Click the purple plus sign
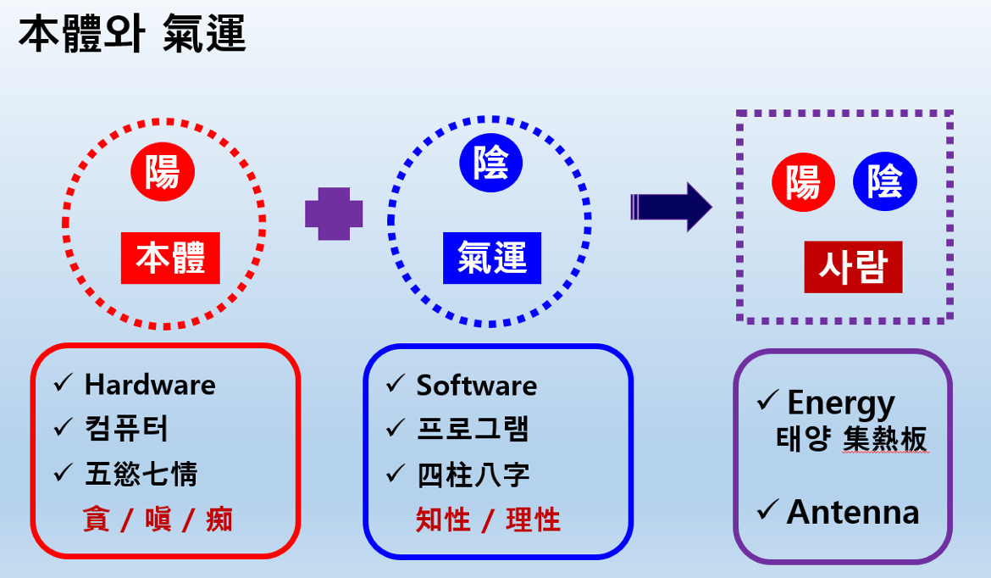pyautogui.click(x=334, y=214)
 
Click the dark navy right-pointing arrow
pyautogui.click(x=671, y=207)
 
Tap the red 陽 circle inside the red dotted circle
pyautogui.click(x=163, y=171)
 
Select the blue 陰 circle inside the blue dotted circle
pyautogui.click(x=491, y=163)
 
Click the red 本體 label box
pyautogui.click(x=170, y=258)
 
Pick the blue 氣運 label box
pyautogui.click(x=492, y=258)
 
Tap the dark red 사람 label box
pyautogui.click(x=853, y=267)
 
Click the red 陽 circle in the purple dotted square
pyautogui.click(x=803, y=182)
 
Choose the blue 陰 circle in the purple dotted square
pyautogui.click(x=885, y=181)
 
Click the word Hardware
pyautogui.click(x=151, y=385)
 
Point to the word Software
pyautogui.click(x=477, y=385)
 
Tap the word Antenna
pyautogui.click(x=853, y=512)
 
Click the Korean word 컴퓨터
pyautogui.click(x=126, y=429)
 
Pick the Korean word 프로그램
pyautogui.click(x=473, y=429)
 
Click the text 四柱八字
pyautogui.click(x=473, y=475)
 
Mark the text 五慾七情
pyautogui.click(x=141, y=474)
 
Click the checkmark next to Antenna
pyautogui.click(x=767, y=509)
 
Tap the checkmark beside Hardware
pyautogui.click(x=64, y=382)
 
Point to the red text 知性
pyautogui.click(x=443, y=520)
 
